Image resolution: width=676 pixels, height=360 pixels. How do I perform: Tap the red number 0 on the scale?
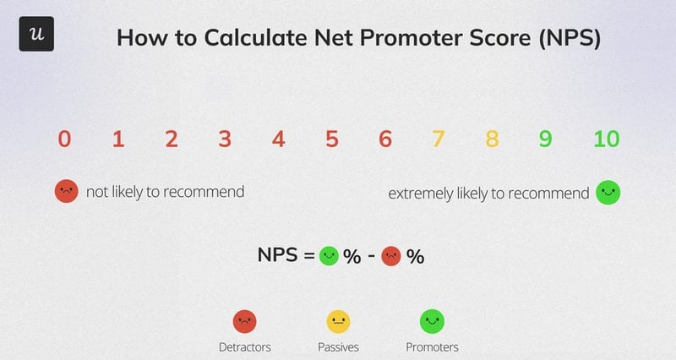click(64, 139)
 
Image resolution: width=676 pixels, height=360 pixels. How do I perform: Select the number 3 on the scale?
click(225, 139)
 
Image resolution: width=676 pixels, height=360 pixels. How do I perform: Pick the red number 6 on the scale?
click(385, 139)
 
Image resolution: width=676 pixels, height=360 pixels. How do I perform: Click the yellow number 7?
click(438, 139)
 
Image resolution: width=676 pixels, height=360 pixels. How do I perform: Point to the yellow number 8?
click(492, 139)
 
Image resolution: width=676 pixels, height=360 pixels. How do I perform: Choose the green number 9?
click(545, 139)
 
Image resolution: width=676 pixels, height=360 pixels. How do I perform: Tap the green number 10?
click(606, 139)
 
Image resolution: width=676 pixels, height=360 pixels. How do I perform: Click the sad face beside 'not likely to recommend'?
click(66, 192)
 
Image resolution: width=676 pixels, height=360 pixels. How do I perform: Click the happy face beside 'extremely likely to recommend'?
click(608, 193)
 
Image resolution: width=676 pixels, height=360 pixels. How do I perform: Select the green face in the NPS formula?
click(330, 256)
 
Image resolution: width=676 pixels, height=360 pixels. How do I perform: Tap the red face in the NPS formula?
click(391, 256)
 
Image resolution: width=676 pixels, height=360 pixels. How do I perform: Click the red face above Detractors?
click(244, 321)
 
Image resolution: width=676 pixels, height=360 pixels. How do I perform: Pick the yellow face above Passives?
click(338, 321)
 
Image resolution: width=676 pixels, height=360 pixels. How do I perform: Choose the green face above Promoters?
click(432, 321)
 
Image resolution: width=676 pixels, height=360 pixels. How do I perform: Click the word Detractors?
click(244, 346)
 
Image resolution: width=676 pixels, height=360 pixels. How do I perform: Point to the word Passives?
click(338, 346)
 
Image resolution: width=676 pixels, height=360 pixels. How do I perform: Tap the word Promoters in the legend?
click(432, 346)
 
